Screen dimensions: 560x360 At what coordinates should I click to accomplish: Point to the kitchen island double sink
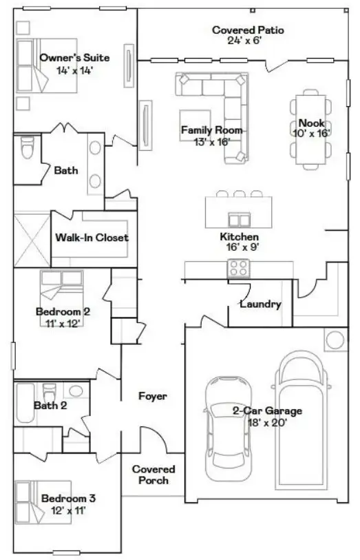[239, 220]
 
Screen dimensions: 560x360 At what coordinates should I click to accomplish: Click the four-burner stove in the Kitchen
[239, 267]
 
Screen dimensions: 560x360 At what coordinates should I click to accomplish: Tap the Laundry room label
[260, 304]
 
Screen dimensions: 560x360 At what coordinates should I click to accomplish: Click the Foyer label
[153, 397]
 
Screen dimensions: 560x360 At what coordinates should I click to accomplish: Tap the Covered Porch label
[153, 475]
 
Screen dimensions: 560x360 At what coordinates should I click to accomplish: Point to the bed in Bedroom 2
[61, 287]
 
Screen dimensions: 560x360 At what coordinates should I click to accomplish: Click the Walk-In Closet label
[92, 238]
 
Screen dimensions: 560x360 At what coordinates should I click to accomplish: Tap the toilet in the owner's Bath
[28, 149]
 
